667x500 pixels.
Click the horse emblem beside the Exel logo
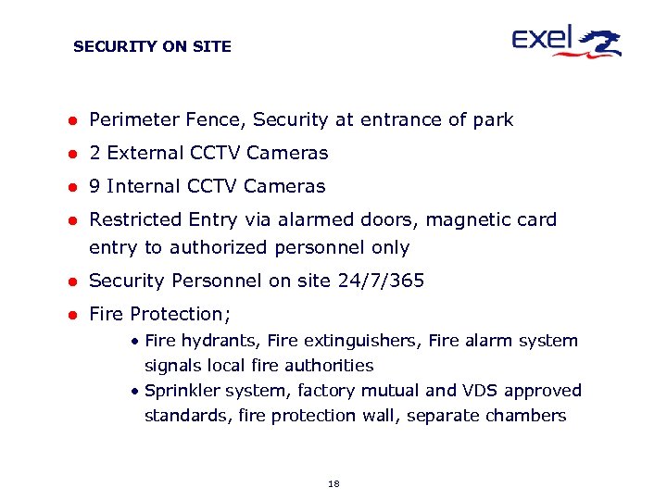(x=600, y=42)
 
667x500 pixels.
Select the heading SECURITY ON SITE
(x=152, y=46)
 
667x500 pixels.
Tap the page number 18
(x=333, y=483)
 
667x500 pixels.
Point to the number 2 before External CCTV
(x=94, y=153)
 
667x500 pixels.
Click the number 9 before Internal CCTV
(x=94, y=186)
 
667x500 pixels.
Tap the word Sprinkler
(x=182, y=391)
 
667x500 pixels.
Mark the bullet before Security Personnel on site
(x=69, y=281)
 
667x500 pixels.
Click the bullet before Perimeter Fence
(x=69, y=120)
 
